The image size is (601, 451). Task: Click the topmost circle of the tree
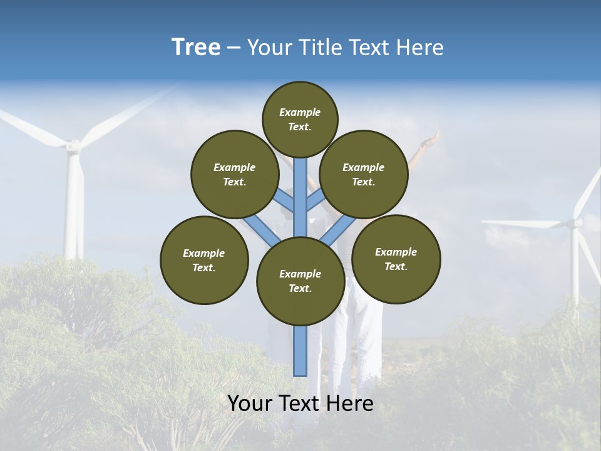tap(300, 119)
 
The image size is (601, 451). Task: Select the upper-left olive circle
tap(235, 175)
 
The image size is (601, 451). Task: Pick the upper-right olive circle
tap(364, 175)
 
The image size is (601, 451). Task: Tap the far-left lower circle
tap(204, 261)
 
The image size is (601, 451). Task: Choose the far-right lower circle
tap(396, 259)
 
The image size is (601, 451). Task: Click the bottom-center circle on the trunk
tap(300, 281)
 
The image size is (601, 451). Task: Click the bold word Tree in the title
tap(196, 47)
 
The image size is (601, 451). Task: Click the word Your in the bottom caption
tap(250, 403)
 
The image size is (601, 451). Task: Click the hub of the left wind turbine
tap(73, 147)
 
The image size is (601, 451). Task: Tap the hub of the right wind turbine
tap(574, 222)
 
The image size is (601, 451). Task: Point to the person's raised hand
tap(431, 139)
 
